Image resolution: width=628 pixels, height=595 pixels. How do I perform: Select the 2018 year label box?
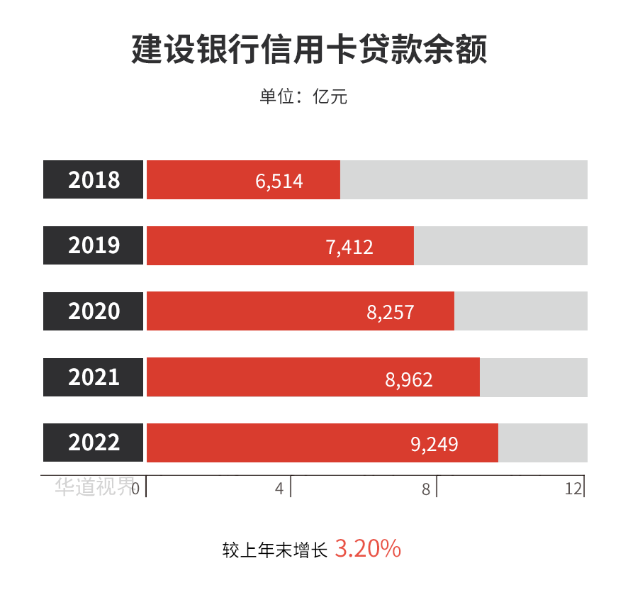(94, 180)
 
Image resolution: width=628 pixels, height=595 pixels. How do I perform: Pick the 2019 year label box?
(94, 245)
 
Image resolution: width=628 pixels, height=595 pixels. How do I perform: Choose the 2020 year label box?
(94, 311)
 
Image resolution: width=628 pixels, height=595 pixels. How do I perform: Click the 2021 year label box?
(94, 377)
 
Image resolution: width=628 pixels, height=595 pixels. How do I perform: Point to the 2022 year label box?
(94, 443)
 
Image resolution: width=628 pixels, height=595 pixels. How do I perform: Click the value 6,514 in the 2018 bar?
(279, 182)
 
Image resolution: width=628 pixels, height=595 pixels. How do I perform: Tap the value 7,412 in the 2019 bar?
(349, 247)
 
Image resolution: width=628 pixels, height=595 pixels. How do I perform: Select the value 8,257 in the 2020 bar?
(390, 313)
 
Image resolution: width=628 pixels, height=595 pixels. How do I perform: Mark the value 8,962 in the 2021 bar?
(409, 379)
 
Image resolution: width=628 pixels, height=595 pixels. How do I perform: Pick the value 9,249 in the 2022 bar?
(434, 445)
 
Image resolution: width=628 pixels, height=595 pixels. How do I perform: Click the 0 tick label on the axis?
(135, 489)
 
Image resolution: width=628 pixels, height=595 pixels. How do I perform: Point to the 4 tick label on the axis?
(279, 489)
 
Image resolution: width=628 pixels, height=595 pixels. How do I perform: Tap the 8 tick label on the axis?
(426, 489)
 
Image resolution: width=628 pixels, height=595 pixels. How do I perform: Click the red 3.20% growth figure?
(368, 549)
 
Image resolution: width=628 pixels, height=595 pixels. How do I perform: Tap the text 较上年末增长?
(274, 550)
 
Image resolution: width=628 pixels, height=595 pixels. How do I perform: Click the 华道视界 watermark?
(94, 486)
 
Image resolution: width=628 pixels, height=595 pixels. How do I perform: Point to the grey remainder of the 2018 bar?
(464, 180)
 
